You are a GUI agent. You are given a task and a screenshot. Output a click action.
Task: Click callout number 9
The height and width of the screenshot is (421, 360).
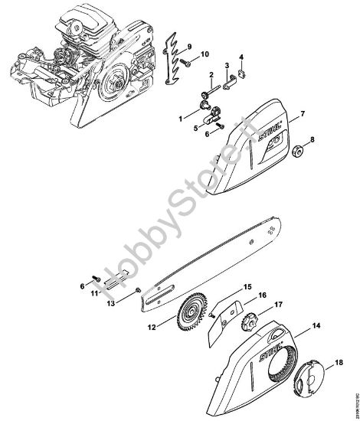pos(190,38)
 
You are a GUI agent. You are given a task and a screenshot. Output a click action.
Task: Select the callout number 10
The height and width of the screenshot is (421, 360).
pos(205,53)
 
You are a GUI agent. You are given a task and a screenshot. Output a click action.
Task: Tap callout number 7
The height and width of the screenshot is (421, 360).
pos(303,114)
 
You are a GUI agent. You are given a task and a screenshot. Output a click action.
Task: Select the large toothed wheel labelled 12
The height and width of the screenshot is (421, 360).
pos(185,314)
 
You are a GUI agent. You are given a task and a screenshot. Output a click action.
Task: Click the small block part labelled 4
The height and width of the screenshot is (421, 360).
pos(241,74)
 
